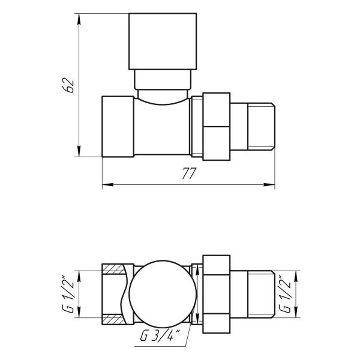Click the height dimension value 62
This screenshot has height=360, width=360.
(x=70, y=85)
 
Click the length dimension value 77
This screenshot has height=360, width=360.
(x=189, y=173)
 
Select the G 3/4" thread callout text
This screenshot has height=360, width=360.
(x=160, y=335)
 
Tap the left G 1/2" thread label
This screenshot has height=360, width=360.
(x=68, y=295)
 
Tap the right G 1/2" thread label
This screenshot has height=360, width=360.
(x=286, y=295)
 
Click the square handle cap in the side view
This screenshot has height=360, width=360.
(x=163, y=41)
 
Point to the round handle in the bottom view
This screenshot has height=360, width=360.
(x=163, y=294)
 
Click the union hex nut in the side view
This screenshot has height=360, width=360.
(x=216, y=127)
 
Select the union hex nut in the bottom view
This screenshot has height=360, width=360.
(x=216, y=294)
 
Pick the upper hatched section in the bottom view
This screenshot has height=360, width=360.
(x=114, y=269)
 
